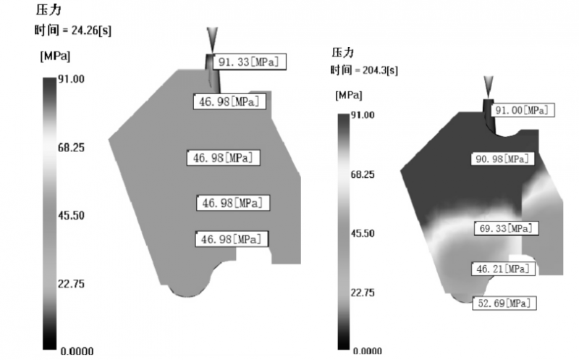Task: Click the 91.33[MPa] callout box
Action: (249, 62)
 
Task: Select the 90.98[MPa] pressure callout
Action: (502, 159)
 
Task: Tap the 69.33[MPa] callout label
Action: (506, 228)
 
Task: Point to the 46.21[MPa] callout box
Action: (504, 269)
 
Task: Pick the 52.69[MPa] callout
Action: (504, 304)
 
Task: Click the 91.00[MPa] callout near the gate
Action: (522, 110)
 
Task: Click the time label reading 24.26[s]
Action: (73, 30)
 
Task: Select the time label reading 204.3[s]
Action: (364, 70)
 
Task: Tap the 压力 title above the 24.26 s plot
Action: (48, 10)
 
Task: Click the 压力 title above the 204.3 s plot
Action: (342, 52)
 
